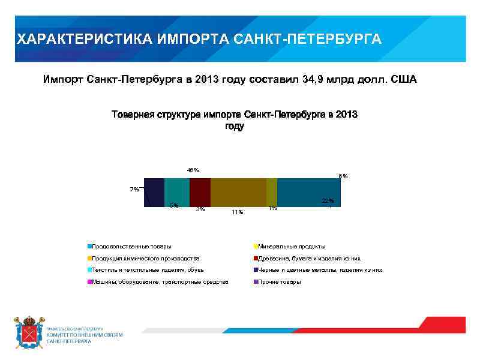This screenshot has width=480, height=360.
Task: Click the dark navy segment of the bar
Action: [x=154, y=192]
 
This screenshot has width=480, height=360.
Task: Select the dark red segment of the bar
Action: [x=200, y=192]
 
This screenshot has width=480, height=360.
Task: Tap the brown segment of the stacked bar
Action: [x=238, y=192]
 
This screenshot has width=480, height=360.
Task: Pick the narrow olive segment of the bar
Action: [x=272, y=192]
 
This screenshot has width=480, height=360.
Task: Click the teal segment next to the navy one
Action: [x=177, y=192]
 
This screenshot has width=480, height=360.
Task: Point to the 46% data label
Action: [x=193, y=170]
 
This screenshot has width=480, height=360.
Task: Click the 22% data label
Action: [x=328, y=200]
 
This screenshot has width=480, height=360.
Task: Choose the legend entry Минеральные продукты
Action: [x=291, y=247]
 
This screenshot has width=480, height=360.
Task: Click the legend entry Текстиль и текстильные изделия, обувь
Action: [x=148, y=270]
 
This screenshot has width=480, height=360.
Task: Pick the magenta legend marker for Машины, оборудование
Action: [x=89, y=281]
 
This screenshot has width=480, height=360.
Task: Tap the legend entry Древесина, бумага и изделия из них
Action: [x=308, y=258]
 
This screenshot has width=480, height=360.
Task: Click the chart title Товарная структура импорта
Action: [x=234, y=115]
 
